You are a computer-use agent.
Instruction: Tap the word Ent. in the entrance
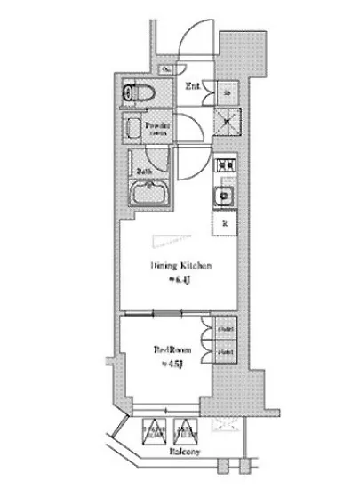click(192, 86)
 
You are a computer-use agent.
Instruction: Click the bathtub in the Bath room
click(149, 193)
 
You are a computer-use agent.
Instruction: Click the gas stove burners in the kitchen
click(223, 166)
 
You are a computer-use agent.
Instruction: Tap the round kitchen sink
click(225, 196)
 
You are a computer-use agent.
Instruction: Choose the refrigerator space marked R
click(224, 223)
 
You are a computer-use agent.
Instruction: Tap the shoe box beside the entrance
click(225, 92)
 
